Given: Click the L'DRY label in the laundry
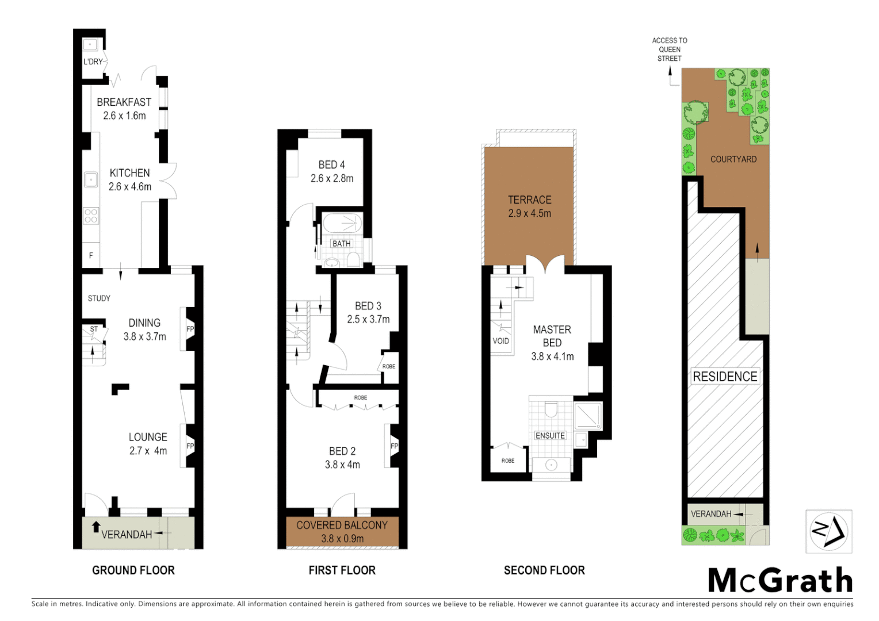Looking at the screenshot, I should pos(93,62).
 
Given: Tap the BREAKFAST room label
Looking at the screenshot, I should pos(124,102).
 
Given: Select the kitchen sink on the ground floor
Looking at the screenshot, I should pos(91,180).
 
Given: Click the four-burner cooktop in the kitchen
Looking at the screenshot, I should pos(91,216).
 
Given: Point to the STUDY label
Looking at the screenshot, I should pos(99,298).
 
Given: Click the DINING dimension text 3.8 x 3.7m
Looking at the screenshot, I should pos(144,337).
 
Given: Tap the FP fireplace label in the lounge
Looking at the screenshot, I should pos(190,446).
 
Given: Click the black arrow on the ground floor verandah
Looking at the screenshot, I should pos(96,527).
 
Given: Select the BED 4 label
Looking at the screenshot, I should pos(331,165).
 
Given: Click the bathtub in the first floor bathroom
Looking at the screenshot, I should pos(342,223).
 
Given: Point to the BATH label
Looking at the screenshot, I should pos(341,244).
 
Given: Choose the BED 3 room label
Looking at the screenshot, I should pos(368,306).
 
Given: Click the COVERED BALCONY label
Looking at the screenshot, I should pos(342,525).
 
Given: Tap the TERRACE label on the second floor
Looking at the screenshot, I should pos(529,200).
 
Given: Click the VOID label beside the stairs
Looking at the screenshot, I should pos(500,341).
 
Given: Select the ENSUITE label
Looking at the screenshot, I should pos(550,436).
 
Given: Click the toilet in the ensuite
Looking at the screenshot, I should pos(551,409).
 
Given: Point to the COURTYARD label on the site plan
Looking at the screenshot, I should pos(733,159).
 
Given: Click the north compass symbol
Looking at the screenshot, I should pos(828,531).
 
